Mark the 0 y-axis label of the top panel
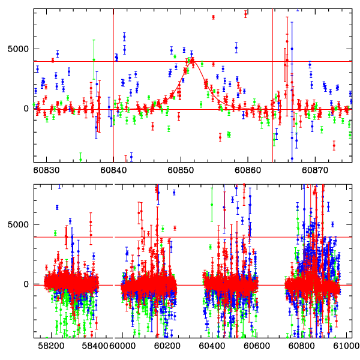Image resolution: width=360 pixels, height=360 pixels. tap(26, 109)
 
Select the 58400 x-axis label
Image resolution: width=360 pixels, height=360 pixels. tap(95, 346)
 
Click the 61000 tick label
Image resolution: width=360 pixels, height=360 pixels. tap(345, 346)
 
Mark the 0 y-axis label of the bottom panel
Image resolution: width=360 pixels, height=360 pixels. tap(26, 284)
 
